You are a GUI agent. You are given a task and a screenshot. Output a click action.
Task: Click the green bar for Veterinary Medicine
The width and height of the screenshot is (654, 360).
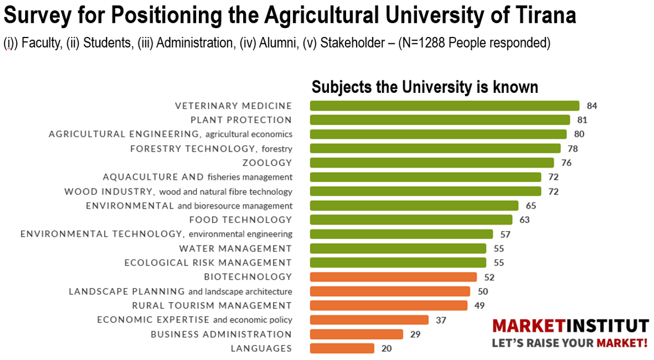444,106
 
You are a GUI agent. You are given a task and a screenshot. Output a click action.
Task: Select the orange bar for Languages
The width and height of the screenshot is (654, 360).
342,349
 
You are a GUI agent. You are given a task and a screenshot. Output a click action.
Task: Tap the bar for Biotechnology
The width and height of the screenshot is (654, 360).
393,277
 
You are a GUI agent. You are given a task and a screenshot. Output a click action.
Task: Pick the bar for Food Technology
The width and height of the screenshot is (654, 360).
411,220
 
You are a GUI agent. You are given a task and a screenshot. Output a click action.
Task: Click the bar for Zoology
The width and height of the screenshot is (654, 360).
432,163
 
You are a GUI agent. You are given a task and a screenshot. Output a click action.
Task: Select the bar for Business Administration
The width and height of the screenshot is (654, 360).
356,334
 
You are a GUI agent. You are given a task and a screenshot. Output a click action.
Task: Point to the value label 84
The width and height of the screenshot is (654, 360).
591,106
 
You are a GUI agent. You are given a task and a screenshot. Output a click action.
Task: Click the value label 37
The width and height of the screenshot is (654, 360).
441,320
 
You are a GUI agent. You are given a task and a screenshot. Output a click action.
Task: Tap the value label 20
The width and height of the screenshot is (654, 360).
386,349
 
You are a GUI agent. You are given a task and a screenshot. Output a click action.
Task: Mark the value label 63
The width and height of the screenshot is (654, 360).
524,220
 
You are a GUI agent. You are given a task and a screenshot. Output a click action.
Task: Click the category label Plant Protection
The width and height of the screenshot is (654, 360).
241,120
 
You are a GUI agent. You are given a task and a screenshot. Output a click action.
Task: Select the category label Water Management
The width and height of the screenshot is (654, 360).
235,248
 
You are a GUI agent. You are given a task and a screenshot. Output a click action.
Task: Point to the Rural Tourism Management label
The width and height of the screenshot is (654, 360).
211,305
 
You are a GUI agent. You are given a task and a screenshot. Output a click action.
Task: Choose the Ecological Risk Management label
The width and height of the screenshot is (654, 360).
208,262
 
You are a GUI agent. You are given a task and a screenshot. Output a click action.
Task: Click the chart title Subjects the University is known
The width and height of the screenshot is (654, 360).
425,87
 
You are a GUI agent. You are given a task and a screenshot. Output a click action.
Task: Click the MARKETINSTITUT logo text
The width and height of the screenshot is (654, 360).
570,327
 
